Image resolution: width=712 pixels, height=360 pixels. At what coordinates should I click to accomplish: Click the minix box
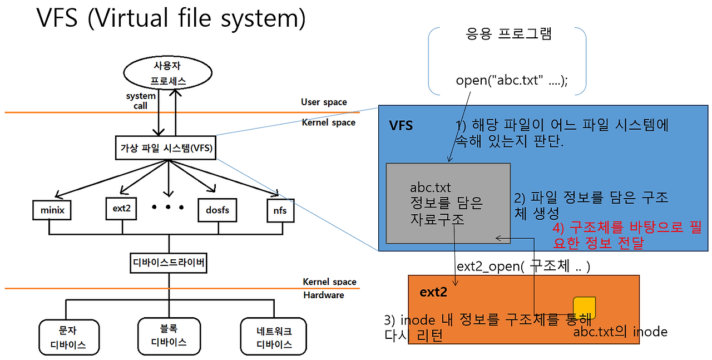coord(53,210)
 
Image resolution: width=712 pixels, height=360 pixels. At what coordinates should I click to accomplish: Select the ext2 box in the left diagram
coord(121,209)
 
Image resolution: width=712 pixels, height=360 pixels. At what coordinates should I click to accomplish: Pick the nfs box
coord(280,210)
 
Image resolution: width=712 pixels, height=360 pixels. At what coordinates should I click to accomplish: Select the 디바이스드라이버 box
coord(168,262)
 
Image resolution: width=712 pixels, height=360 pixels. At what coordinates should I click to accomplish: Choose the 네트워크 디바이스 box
coord(274,337)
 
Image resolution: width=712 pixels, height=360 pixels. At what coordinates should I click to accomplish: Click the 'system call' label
coord(140,101)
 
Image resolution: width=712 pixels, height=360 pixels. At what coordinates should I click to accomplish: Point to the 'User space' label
coord(324,102)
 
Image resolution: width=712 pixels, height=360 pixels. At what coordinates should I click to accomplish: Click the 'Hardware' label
coord(323,295)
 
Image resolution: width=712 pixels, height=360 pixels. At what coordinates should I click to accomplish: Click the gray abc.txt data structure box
coord(448,203)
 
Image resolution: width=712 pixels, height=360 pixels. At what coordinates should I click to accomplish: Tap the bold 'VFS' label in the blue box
coord(401,126)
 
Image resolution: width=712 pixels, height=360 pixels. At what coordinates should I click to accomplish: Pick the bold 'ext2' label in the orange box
coord(433,292)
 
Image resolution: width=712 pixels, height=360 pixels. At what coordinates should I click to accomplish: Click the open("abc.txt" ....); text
coord(512,80)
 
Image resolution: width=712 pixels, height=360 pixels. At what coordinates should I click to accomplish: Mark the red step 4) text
coord(626,235)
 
